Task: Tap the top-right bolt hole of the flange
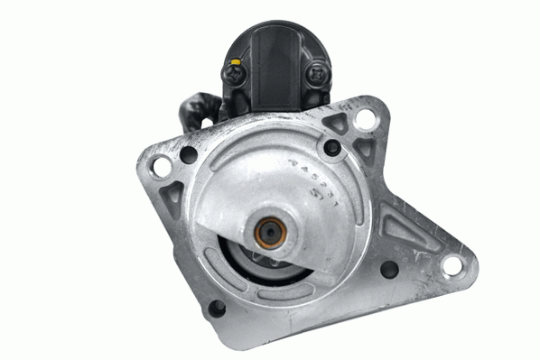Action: (365, 118)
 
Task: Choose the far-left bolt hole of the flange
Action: (161, 167)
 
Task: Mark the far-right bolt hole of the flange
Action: (451, 264)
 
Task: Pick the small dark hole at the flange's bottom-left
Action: (217, 308)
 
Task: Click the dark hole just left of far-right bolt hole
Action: (389, 269)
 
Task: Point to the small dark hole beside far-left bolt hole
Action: (188, 154)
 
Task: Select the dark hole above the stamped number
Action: (331, 146)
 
